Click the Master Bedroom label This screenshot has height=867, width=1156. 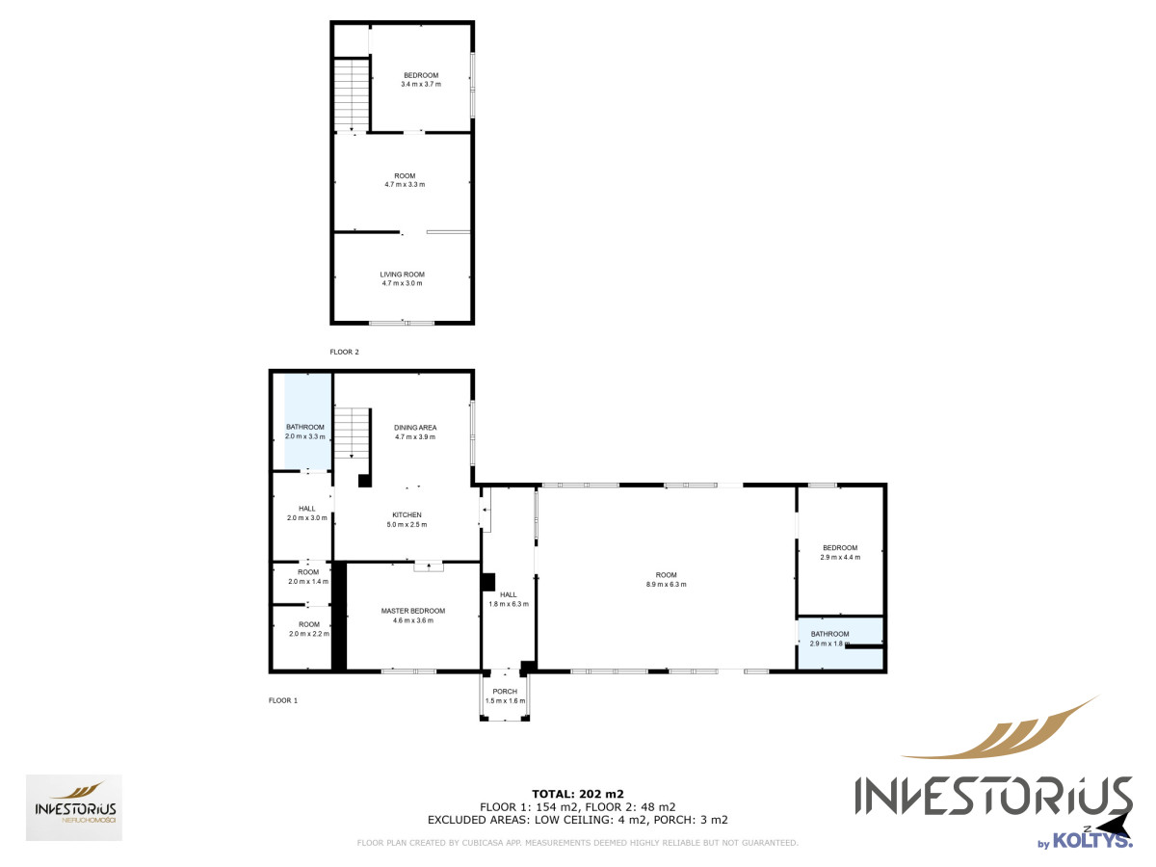[413, 611]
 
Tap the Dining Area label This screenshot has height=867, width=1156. [415, 428]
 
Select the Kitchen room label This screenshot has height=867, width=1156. [407, 514]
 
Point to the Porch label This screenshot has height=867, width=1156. [505, 691]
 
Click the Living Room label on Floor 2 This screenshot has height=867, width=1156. [402, 275]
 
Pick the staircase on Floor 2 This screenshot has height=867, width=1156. [352, 94]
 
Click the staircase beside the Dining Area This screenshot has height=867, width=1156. [352, 433]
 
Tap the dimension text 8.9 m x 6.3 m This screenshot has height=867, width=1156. [667, 584]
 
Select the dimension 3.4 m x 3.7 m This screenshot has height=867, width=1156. [421, 84]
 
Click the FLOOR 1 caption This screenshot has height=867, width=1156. [283, 700]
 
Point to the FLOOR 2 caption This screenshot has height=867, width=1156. [344, 352]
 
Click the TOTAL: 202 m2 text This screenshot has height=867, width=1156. [578, 794]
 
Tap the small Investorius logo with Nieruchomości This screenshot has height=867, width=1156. [74, 807]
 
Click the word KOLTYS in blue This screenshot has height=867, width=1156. [1091, 841]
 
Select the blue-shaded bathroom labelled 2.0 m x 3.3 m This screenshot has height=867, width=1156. [307, 421]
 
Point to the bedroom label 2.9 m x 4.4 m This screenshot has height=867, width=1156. [840, 552]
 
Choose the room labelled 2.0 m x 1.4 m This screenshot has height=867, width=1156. [308, 576]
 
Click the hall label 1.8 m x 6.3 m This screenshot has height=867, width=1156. [509, 599]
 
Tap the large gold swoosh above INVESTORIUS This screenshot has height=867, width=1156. [1001, 729]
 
